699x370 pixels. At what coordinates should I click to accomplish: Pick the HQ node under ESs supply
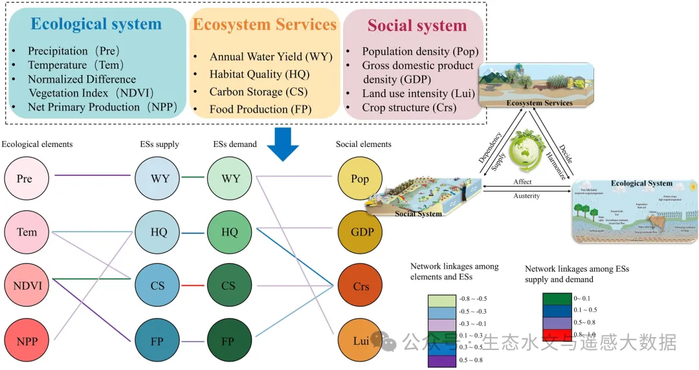157,232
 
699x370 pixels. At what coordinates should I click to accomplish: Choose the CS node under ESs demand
228,285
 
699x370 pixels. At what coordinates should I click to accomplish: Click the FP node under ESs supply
157,341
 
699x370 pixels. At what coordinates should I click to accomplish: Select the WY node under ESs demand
228,177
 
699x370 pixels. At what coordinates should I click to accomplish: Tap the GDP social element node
361,232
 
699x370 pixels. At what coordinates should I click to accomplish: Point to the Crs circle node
361,285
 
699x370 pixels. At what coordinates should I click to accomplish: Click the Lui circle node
361,341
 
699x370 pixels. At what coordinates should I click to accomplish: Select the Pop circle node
361,177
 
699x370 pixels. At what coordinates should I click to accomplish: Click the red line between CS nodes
193,285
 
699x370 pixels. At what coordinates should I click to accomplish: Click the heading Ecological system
96,25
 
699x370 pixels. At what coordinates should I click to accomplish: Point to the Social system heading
417,27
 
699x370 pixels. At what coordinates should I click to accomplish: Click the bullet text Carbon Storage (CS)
258,92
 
